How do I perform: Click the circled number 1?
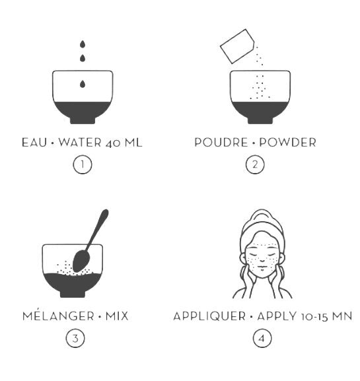pyautogui.click(x=83, y=164)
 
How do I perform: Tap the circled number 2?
pyautogui.click(x=255, y=164)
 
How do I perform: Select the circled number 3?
pyautogui.click(x=75, y=338)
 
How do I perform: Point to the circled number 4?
pyautogui.click(x=262, y=338)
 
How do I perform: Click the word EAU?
pyautogui.click(x=34, y=143)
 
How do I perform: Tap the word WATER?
pyautogui.click(x=80, y=143)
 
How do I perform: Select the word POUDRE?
pyautogui.click(x=221, y=143)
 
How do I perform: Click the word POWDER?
pyautogui.click(x=287, y=143)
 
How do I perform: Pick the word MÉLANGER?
pyautogui.click(x=58, y=316)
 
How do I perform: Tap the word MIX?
pyautogui.click(x=117, y=316)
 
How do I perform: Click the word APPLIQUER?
pyautogui.click(x=209, y=316)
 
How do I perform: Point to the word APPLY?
pyautogui.click(x=277, y=316)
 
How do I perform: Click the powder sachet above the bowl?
pyautogui.click(x=237, y=46)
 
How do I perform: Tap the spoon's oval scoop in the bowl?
pyautogui.click(x=81, y=261)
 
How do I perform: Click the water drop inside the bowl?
pyautogui.click(x=83, y=84)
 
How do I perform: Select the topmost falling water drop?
pyautogui.click(x=83, y=44)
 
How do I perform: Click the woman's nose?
pyautogui.click(x=262, y=258)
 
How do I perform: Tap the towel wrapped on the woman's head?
pyautogui.click(x=262, y=224)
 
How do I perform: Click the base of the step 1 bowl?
pyautogui.click(x=83, y=120)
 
